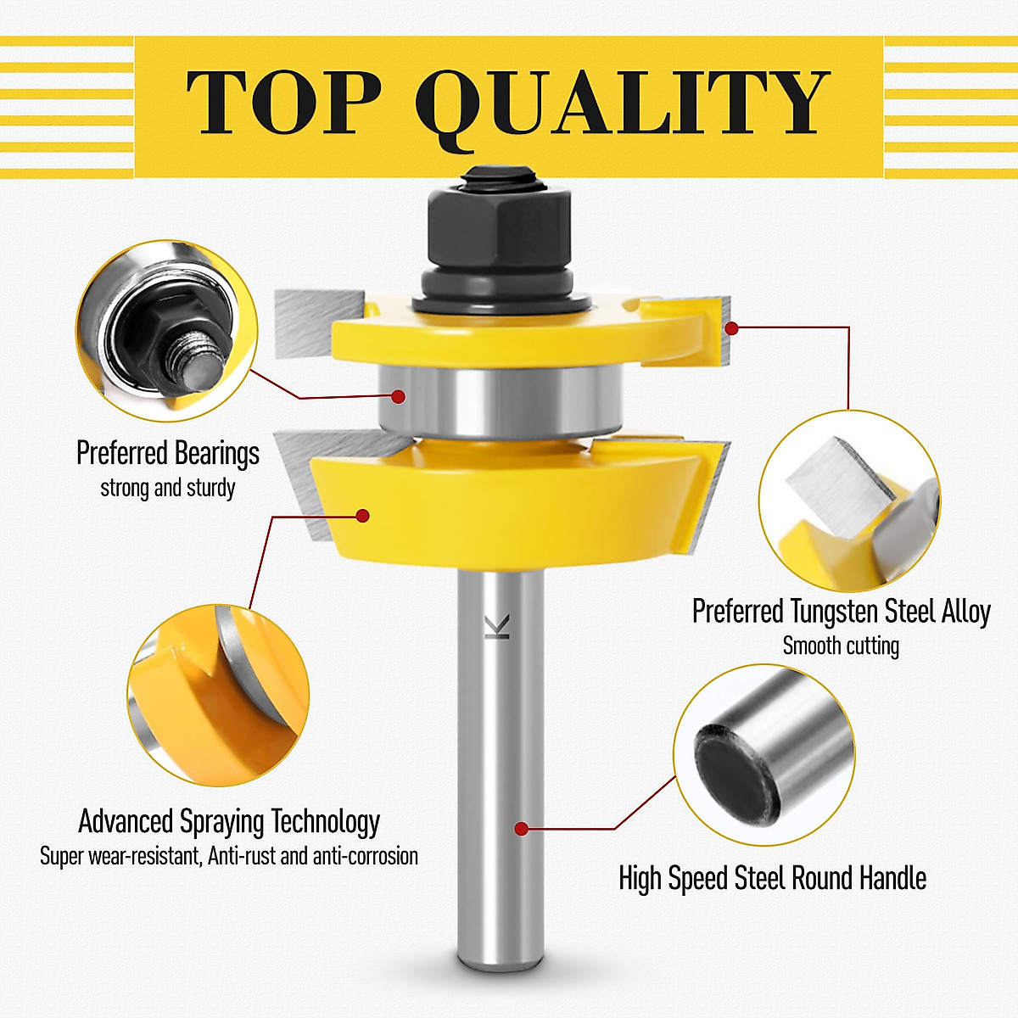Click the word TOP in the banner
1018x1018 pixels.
(x=284, y=102)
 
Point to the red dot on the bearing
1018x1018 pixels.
(x=398, y=395)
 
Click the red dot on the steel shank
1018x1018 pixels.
(x=522, y=829)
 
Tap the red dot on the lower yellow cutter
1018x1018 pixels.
(x=363, y=515)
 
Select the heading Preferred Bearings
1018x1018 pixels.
(x=168, y=453)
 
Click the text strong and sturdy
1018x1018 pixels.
(x=168, y=488)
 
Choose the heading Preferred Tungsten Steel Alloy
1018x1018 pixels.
(x=841, y=611)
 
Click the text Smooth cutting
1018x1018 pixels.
(x=841, y=646)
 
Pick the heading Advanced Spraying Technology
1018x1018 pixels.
(x=229, y=821)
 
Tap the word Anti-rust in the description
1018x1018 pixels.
(x=242, y=856)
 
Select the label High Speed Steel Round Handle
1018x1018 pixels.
(x=772, y=878)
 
